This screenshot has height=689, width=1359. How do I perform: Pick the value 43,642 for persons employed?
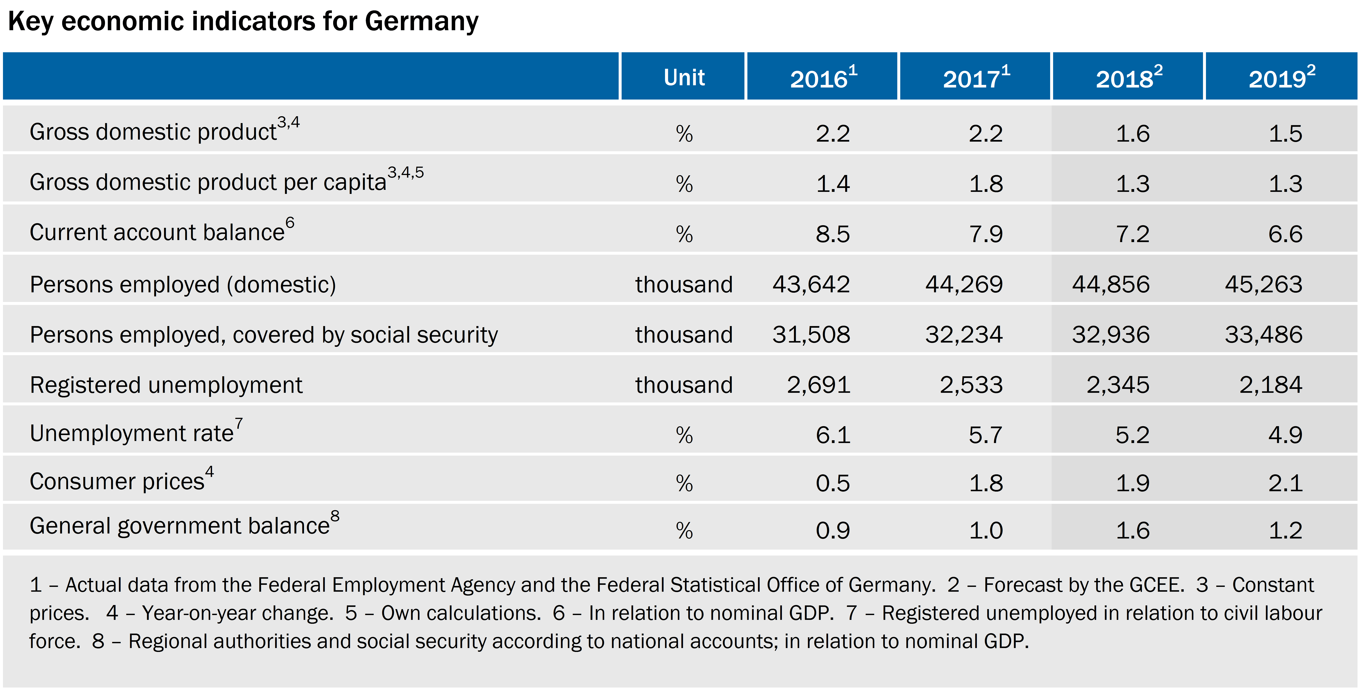click(x=811, y=285)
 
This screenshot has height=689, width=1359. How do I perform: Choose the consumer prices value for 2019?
click(x=1285, y=483)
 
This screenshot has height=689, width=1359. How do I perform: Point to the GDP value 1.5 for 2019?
click(x=1285, y=133)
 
